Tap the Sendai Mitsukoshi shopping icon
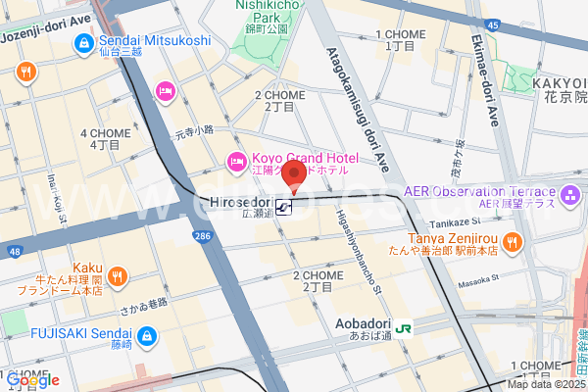click(81, 41)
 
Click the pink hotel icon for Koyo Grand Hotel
click(235, 161)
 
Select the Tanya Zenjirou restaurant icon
click(511, 238)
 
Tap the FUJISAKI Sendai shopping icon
click(145, 335)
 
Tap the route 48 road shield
click(14, 252)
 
